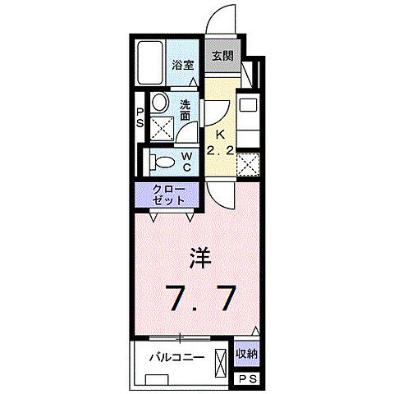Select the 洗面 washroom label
point(186,110)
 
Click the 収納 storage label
point(246,355)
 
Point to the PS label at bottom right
point(247,378)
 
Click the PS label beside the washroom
point(140,117)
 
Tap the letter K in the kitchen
point(219,136)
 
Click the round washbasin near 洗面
point(161,103)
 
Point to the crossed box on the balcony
point(221,362)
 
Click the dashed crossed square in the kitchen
point(247,165)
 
